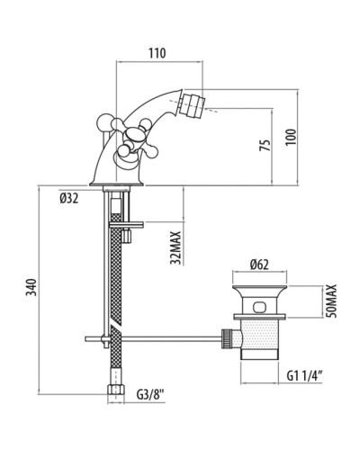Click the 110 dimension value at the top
[x=157, y=53]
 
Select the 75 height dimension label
[x=265, y=145]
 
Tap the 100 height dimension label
[x=291, y=137]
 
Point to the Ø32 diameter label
[x=69, y=198]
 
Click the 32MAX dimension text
[x=175, y=247]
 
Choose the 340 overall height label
[x=31, y=287]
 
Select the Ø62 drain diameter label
[x=259, y=265]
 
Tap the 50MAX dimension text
[x=331, y=301]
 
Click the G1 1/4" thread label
[x=305, y=375]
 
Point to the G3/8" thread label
[x=150, y=394]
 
